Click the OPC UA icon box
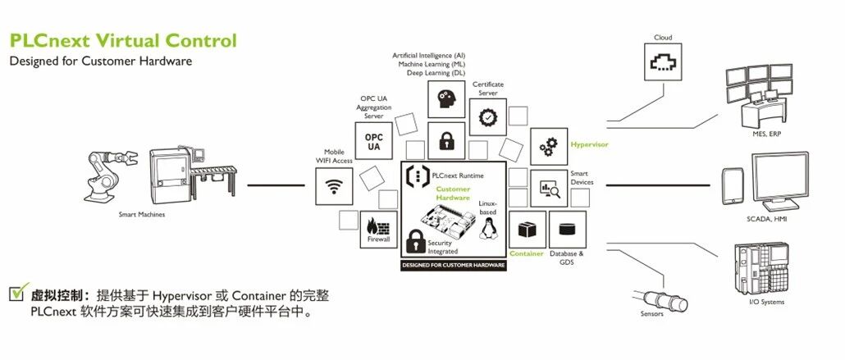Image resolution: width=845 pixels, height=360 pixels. click(373, 141)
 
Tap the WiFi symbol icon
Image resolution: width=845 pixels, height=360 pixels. click(334, 186)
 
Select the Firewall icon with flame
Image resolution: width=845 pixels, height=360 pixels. click(378, 230)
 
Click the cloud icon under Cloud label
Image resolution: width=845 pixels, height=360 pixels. click(661, 62)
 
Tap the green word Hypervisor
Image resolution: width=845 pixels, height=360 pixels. click(589, 144)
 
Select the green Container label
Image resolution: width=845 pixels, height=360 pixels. click(527, 253)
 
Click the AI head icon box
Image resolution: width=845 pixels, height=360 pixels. click(446, 98)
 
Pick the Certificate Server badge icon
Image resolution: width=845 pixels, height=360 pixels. click(488, 116)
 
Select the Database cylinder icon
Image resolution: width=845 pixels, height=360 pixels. click(566, 229)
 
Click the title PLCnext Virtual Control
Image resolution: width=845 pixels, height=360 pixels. click(122, 41)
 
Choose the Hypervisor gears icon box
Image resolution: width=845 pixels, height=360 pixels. click(547, 147)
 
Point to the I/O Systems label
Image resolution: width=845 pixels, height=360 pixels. click(767, 302)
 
